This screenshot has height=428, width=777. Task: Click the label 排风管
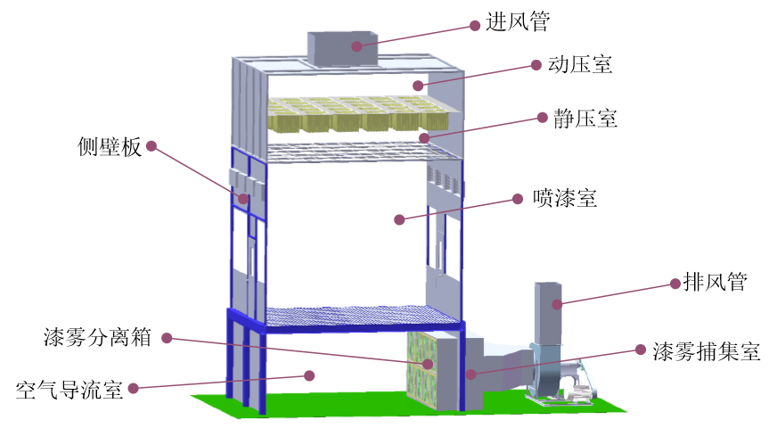tap(715, 284)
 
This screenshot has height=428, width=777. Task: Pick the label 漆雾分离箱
tap(96, 338)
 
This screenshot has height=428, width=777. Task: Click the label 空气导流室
tap(70, 389)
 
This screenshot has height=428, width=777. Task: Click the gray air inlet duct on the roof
tap(344, 48)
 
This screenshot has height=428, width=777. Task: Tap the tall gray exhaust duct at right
tap(549, 312)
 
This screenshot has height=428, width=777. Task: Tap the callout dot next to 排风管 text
tap(674, 284)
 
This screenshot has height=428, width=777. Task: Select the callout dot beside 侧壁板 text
tap(151, 144)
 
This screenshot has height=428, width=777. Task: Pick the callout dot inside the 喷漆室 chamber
tap(399, 219)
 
